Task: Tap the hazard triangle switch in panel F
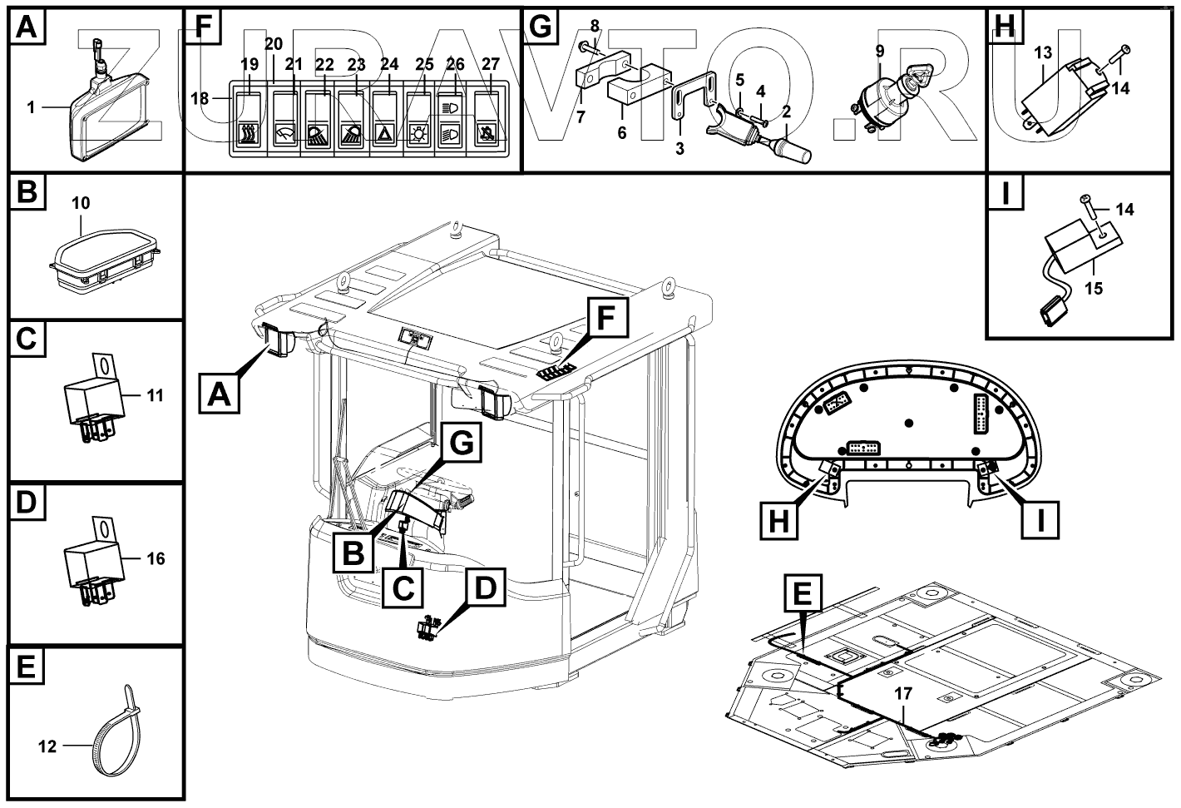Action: click(384, 133)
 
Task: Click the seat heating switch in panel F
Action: click(248, 133)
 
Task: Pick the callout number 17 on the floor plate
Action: click(904, 692)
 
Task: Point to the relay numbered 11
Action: click(94, 401)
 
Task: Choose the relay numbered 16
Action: click(94, 564)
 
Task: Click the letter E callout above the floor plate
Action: click(803, 597)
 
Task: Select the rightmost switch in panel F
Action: click(490, 121)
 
